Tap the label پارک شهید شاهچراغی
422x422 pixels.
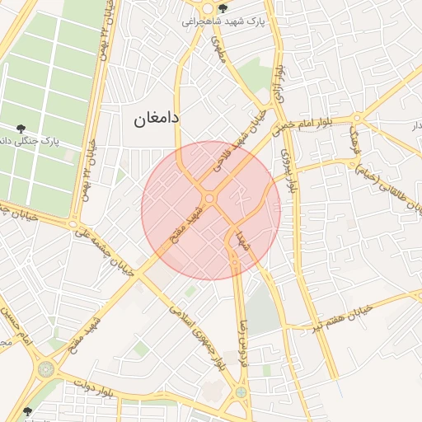[x=227, y=22]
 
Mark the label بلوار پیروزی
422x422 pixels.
[x=289, y=172]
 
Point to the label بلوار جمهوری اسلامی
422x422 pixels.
[x=198, y=337]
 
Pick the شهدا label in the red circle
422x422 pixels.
[x=242, y=241]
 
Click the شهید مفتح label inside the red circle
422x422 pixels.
[x=185, y=223]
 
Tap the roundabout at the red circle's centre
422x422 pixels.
[x=209, y=199]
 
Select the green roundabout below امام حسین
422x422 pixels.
[x=45, y=368]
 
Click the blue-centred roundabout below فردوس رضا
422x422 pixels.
[x=241, y=392]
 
